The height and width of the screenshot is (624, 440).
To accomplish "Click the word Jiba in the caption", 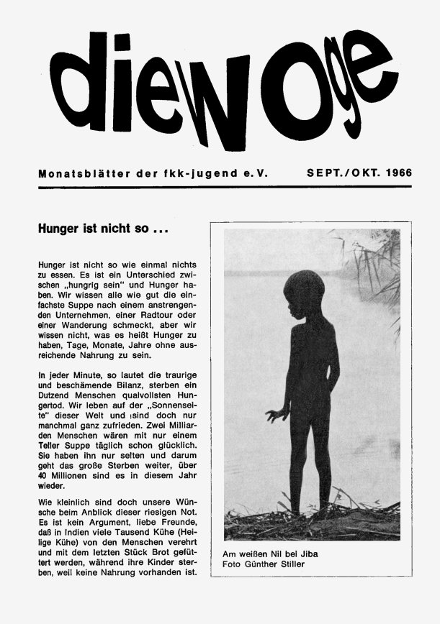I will coord(306,554).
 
